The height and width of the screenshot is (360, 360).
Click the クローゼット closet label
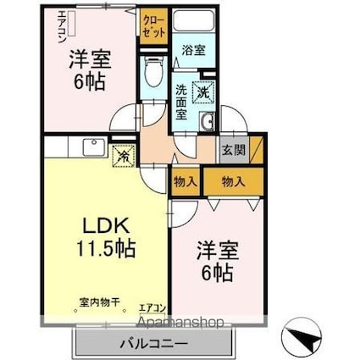click(154, 25)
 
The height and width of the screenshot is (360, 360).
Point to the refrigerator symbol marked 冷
click(123, 155)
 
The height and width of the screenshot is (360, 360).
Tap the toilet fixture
click(153, 75)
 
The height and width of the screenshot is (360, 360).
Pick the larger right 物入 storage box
click(234, 181)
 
